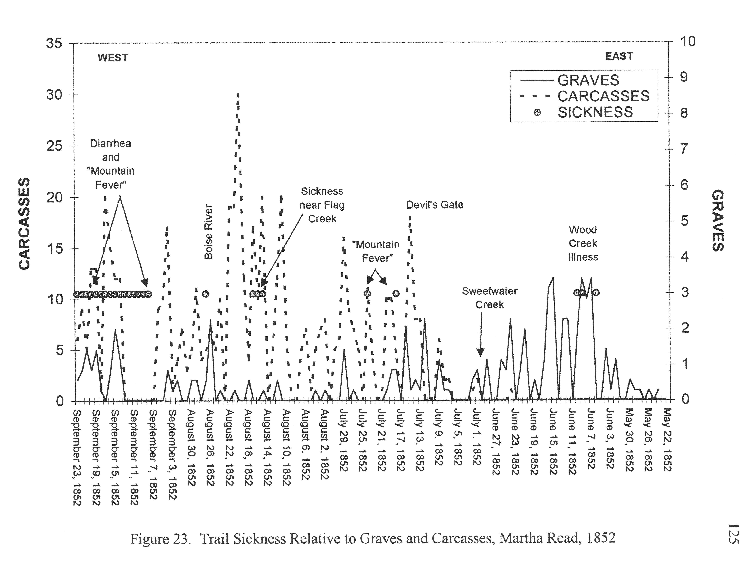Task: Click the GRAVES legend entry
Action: (x=588, y=80)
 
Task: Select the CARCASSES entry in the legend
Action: (x=603, y=96)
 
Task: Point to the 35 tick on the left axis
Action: (x=54, y=44)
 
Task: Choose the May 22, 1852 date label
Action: (x=667, y=440)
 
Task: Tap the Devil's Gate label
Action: (x=434, y=205)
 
